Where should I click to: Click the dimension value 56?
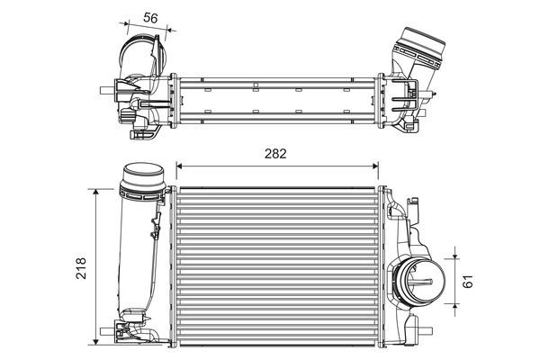[x=150, y=17]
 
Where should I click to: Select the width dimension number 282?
[x=275, y=152]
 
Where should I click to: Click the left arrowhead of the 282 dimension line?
[x=179, y=166]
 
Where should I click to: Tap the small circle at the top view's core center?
[x=256, y=87]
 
